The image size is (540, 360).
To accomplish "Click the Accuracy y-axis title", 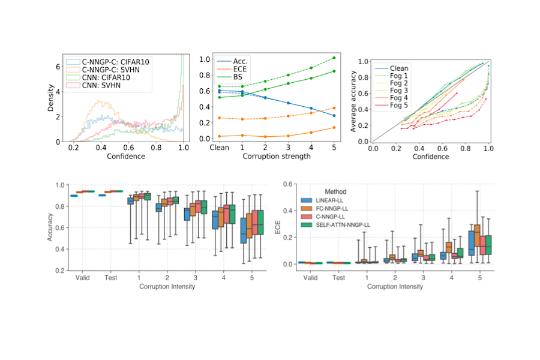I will (50, 228).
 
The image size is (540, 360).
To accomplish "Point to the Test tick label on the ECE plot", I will (338, 278).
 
